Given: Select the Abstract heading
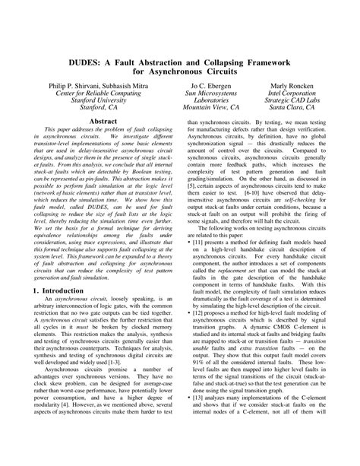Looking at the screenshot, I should click(x=103, y=121).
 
